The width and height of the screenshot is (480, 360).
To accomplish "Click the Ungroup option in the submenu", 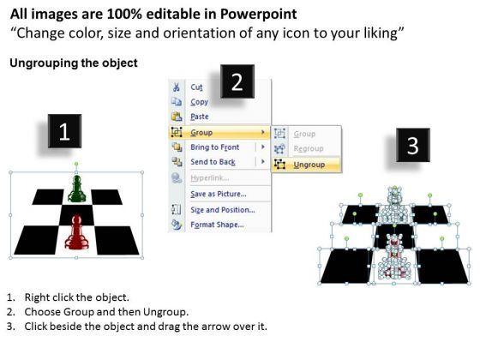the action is pyautogui.click(x=309, y=165).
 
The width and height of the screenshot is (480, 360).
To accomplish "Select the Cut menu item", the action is pyautogui.click(x=196, y=87).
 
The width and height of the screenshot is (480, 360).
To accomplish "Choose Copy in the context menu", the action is pyautogui.click(x=199, y=102).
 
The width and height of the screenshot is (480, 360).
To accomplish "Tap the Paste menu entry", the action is pyautogui.click(x=200, y=117).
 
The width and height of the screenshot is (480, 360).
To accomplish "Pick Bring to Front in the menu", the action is pyautogui.click(x=214, y=147).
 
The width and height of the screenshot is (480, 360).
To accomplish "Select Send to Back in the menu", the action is pyautogui.click(x=213, y=162).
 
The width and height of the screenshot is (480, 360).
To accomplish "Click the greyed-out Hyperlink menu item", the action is pyautogui.click(x=210, y=178).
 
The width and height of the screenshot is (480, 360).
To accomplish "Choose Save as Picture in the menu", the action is pyautogui.click(x=219, y=194).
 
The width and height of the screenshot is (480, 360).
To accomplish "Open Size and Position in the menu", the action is pyautogui.click(x=223, y=210).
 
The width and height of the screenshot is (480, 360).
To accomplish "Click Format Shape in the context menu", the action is pyautogui.click(x=217, y=225).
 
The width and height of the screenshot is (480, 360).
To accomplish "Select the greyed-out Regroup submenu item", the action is pyautogui.click(x=309, y=149).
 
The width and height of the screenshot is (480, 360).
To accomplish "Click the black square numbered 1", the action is pyautogui.click(x=64, y=131).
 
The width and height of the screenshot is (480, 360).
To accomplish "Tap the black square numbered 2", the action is pyautogui.click(x=237, y=81).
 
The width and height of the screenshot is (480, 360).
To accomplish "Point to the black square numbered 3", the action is pyautogui.click(x=413, y=145).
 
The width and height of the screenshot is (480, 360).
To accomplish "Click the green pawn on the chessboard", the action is pyautogui.click(x=76, y=189).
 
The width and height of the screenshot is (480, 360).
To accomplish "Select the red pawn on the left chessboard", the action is pyautogui.click(x=76, y=232).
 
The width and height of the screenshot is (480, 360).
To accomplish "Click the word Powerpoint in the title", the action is pyautogui.click(x=258, y=14).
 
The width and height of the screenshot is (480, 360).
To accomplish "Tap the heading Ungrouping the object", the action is pyautogui.click(x=74, y=63).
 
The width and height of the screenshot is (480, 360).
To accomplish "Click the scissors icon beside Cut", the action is pyautogui.click(x=176, y=87).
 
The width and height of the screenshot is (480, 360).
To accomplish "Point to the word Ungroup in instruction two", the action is pyautogui.click(x=165, y=312).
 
